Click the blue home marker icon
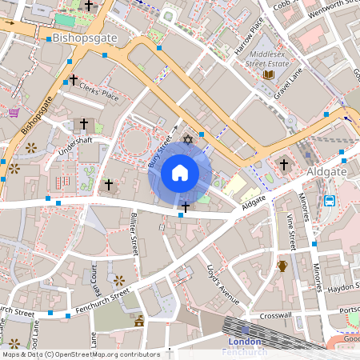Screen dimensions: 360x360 (x=179, y=173)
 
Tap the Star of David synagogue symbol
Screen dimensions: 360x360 (x=189, y=141)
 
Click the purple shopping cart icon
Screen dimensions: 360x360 (x=14, y=112)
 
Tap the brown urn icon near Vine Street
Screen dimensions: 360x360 (x=282, y=266)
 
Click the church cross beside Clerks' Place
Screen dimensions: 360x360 (x=73, y=80)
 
